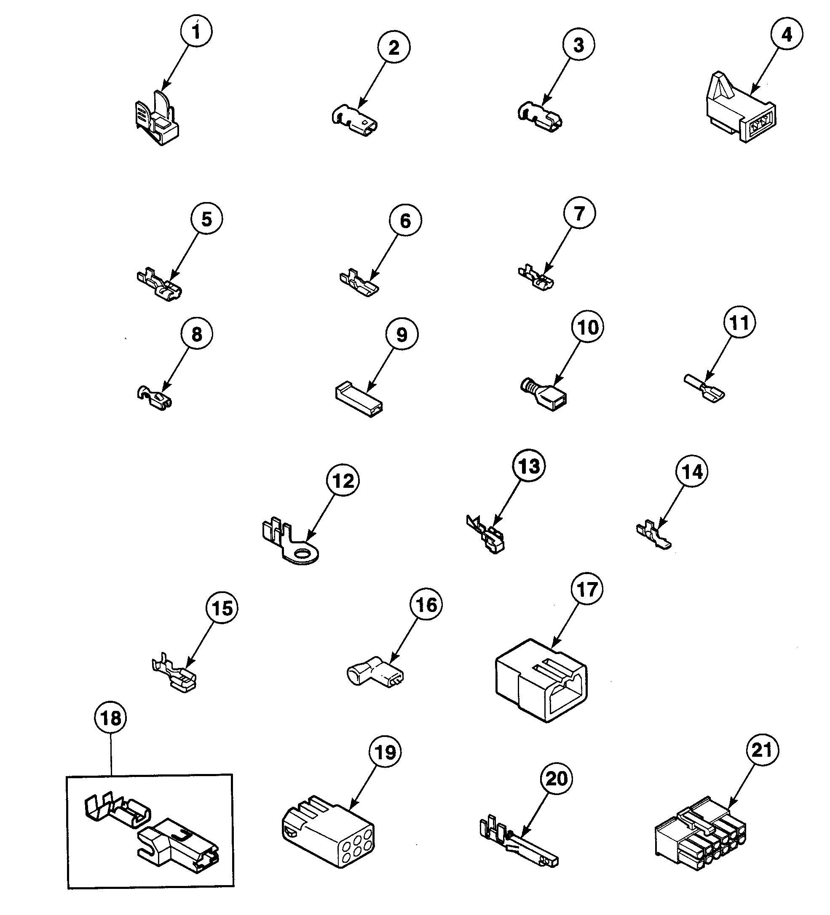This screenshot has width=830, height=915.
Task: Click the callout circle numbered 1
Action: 196,32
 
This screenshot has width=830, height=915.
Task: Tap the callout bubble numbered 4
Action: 786,34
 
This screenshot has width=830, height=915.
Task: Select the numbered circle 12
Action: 343,481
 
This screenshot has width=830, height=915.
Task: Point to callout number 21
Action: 762,750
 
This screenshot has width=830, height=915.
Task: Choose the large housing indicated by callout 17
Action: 541,681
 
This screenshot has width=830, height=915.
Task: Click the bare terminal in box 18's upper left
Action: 117,810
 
